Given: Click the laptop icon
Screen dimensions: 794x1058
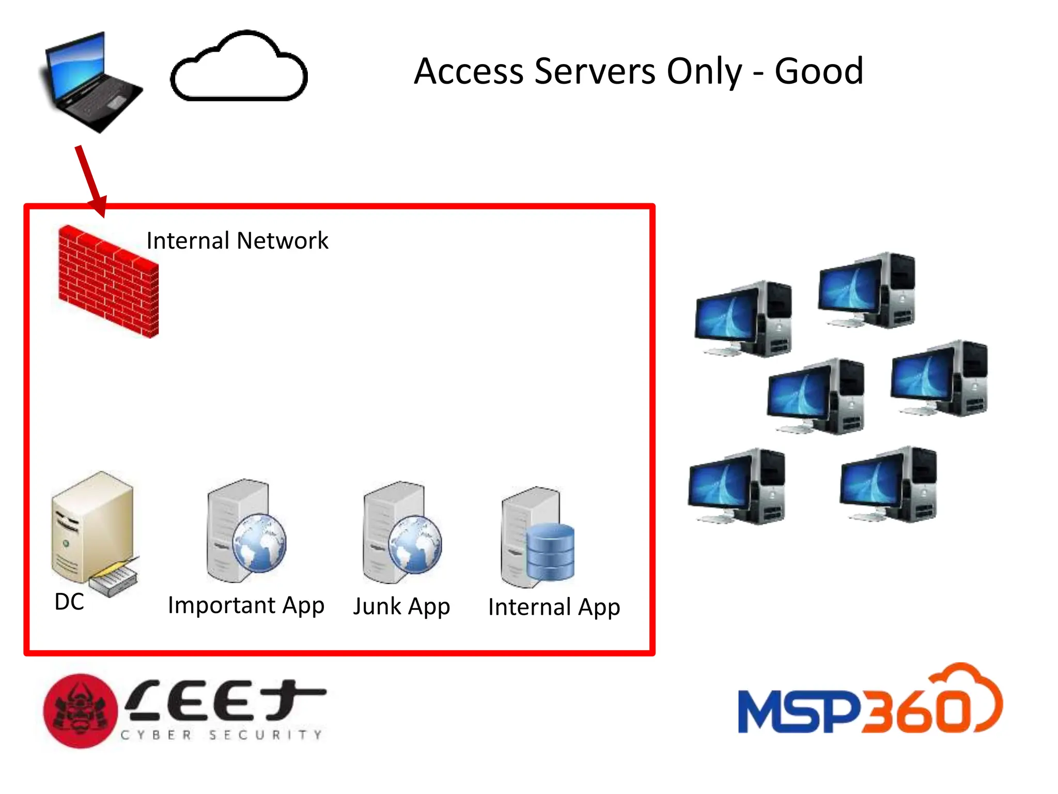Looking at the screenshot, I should [x=90, y=83].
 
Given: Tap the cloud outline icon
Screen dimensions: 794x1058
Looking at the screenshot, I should [x=239, y=67].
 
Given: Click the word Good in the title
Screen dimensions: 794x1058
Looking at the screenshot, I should [x=819, y=71].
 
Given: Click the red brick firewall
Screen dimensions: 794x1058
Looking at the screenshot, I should [x=108, y=282].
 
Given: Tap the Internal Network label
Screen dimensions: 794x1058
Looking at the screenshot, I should [x=237, y=241].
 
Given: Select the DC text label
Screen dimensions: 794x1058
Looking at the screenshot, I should [x=69, y=602].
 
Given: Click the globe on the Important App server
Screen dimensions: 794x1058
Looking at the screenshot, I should [x=259, y=543].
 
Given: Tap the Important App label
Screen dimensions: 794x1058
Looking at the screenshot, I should [x=246, y=605].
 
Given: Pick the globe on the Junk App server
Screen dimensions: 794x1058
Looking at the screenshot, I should [x=415, y=544].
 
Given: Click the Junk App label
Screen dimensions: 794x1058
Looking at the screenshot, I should [x=401, y=606].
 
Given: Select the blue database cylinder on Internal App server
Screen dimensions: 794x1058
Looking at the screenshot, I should [x=550, y=552].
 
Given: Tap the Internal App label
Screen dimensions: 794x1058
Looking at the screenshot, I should [x=554, y=607].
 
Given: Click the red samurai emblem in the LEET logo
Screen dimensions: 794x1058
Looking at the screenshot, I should [x=80, y=711].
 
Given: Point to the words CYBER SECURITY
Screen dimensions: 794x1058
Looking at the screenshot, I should [x=221, y=735].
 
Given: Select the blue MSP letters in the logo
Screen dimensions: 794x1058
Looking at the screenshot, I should [x=798, y=712].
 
